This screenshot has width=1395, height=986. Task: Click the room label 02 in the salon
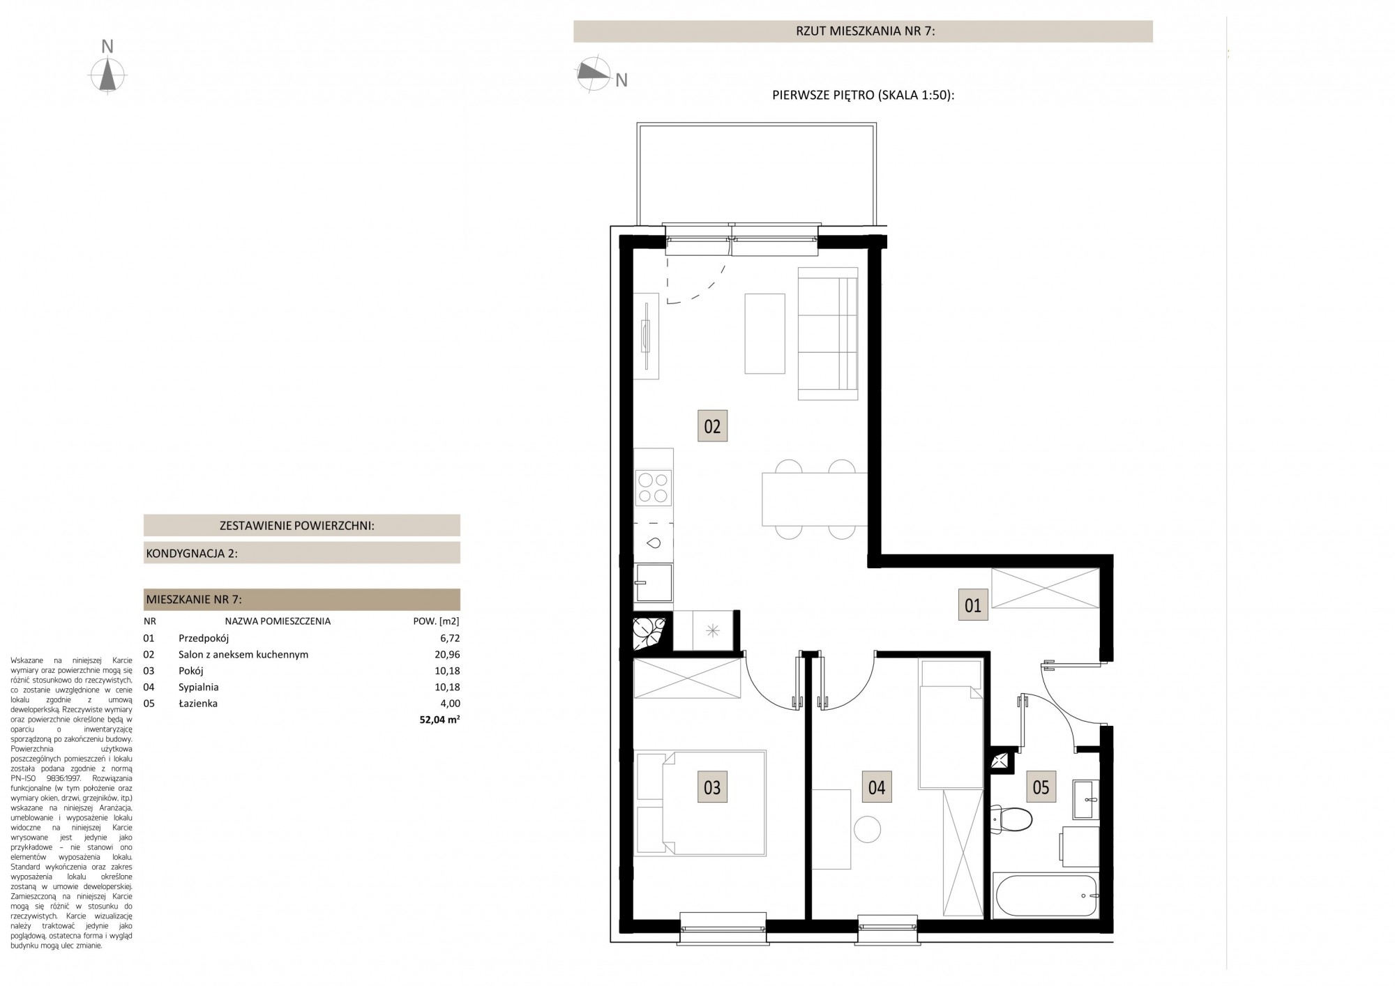(x=712, y=425)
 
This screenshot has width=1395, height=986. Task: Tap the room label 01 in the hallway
(x=973, y=605)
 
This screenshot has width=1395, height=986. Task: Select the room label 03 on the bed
(x=712, y=787)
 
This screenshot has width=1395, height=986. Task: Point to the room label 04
(x=877, y=787)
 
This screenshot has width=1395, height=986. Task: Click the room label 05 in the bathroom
(x=1041, y=787)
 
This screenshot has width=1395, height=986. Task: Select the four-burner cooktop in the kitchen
(x=654, y=487)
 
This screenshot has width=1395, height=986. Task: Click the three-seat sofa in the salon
(x=828, y=334)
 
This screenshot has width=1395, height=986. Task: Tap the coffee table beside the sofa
(x=765, y=333)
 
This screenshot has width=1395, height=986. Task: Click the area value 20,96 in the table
(x=447, y=655)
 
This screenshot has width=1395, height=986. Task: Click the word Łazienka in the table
(x=198, y=704)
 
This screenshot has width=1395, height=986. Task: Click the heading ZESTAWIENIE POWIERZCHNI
(x=297, y=526)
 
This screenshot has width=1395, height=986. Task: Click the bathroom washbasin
(x=1085, y=799)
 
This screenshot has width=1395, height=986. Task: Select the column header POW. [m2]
(x=437, y=621)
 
